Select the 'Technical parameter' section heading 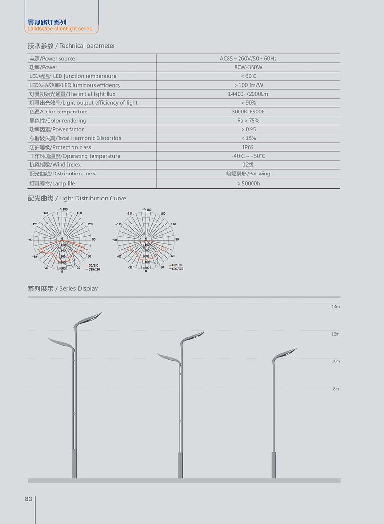point(72,46)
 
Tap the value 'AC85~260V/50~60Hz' point(248,59)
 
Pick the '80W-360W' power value point(248,67)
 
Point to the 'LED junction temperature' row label point(73,76)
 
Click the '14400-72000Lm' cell point(248,94)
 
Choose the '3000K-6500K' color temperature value point(248,112)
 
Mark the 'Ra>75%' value point(248,121)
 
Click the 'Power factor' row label point(57,129)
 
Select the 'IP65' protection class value point(248,147)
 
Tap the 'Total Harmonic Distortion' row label point(75,138)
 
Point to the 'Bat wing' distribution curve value point(248,174)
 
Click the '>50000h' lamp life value point(248,183)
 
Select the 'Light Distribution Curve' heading point(77,198)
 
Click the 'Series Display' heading point(63,288)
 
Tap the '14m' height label point(336,307)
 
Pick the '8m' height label point(336,389)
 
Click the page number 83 point(28,499)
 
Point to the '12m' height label point(336,334)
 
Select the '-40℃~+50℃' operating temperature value point(248,156)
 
